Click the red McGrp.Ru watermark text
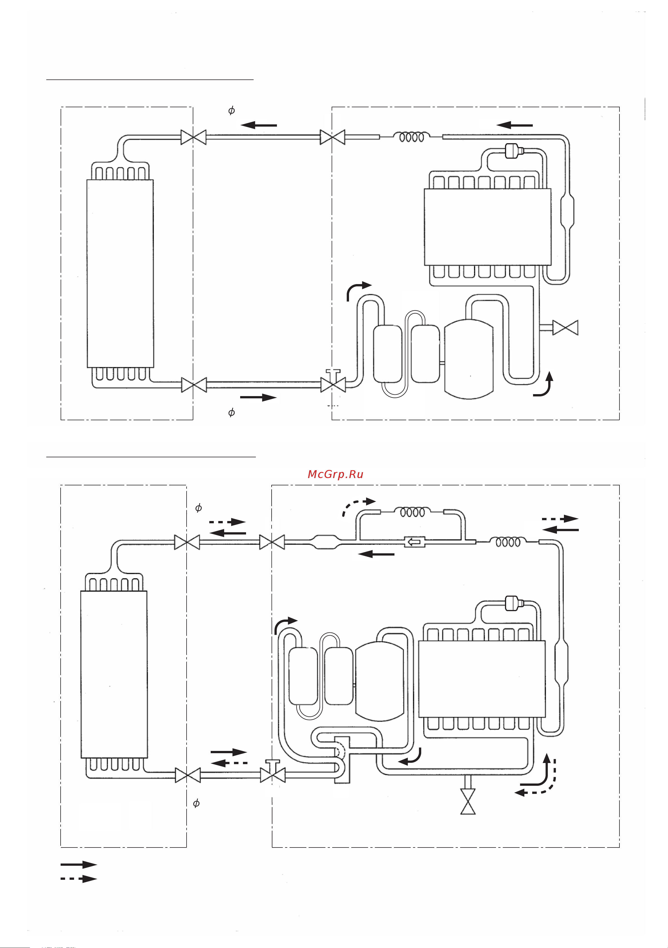[336, 474]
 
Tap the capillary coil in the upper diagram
[411, 137]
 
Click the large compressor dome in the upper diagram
[469, 359]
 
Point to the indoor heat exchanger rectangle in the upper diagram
[120, 273]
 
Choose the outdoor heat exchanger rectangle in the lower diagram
[482, 679]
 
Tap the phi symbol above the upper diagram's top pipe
[231, 110]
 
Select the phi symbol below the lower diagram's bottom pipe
[196, 803]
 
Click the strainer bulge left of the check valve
[325, 542]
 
